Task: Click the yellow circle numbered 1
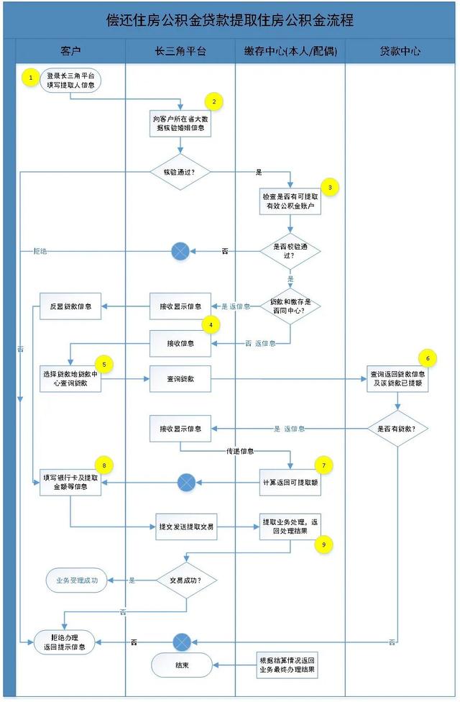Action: [x=30, y=76]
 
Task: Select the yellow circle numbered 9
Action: [x=323, y=544]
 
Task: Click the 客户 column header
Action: [x=70, y=52]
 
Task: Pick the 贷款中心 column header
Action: [x=400, y=52]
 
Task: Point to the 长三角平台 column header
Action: [x=180, y=52]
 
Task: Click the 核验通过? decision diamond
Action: [x=180, y=173]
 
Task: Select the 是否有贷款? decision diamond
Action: [x=397, y=429]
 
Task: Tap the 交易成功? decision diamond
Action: [x=187, y=580]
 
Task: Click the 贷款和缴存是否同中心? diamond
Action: [x=290, y=305]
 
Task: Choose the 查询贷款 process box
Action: [x=180, y=378]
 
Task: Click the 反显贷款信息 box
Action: [x=70, y=306]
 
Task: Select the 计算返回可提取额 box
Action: [x=290, y=481]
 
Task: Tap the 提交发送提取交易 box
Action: [x=187, y=526]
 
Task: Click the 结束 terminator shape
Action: [x=182, y=665]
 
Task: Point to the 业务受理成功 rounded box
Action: [x=76, y=580]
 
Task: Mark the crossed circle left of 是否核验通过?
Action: [x=180, y=251]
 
